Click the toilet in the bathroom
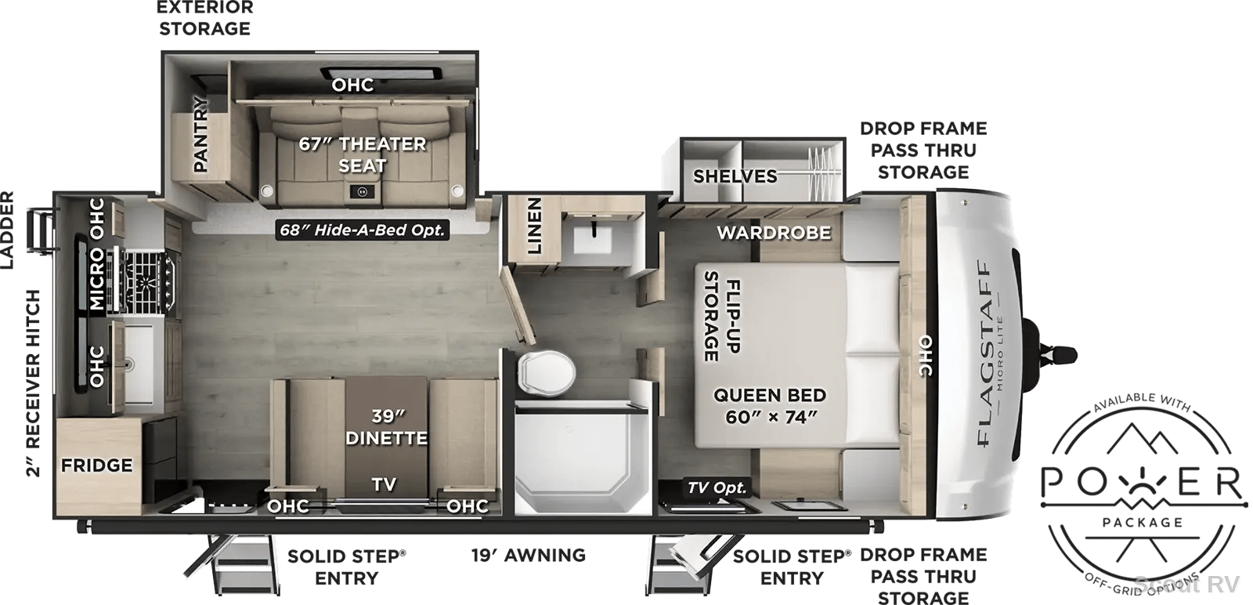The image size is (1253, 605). [x=546, y=373]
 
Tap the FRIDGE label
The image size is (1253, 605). [x=97, y=465]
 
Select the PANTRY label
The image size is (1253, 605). [x=200, y=134]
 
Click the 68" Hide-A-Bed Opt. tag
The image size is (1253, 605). [x=363, y=230]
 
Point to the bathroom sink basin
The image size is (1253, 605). [x=594, y=242]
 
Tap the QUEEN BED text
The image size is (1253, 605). [x=770, y=395]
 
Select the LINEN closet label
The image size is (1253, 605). [x=534, y=225]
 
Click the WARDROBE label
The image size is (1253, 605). [x=775, y=232]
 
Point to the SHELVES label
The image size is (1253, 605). [x=735, y=176]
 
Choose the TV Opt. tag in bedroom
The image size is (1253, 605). [x=717, y=487]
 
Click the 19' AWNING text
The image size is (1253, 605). [x=528, y=555]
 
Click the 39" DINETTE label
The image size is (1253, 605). [x=387, y=427]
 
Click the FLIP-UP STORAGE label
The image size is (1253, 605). [x=721, y=316]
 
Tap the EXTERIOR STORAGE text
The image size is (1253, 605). [x=204, y=18]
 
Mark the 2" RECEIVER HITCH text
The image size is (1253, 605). [x=33, y=383]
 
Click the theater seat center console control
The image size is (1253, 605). [x=362, y=192]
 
